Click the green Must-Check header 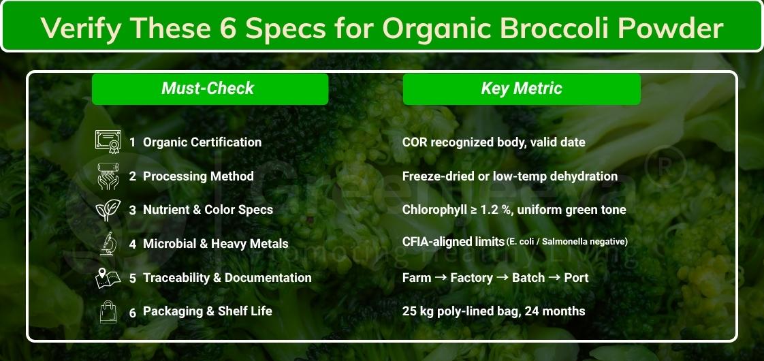210,89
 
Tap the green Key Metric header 522,89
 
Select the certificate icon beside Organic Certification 107,142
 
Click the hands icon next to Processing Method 107,176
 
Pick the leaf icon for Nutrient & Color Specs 107,210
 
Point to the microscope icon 107,243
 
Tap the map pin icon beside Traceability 107,277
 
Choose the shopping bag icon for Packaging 107,311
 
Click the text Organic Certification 202,142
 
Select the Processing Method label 197,176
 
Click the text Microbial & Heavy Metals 215,244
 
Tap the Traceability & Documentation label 227,278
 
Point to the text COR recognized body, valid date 494,142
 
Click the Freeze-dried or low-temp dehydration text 510,176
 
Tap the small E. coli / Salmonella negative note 567,242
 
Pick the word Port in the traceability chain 576,278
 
